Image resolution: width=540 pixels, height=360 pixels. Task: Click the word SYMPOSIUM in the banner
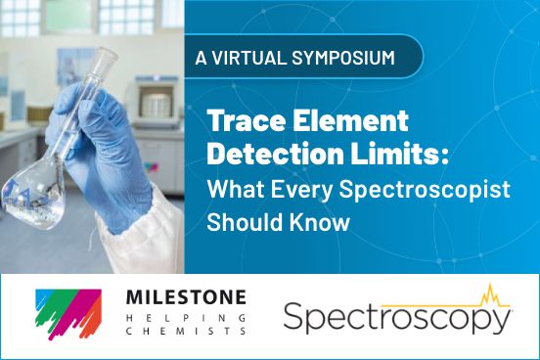pyautogui.click(x=338, y=56)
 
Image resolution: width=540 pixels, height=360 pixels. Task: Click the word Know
pyautogui.click(x=318, y=222)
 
